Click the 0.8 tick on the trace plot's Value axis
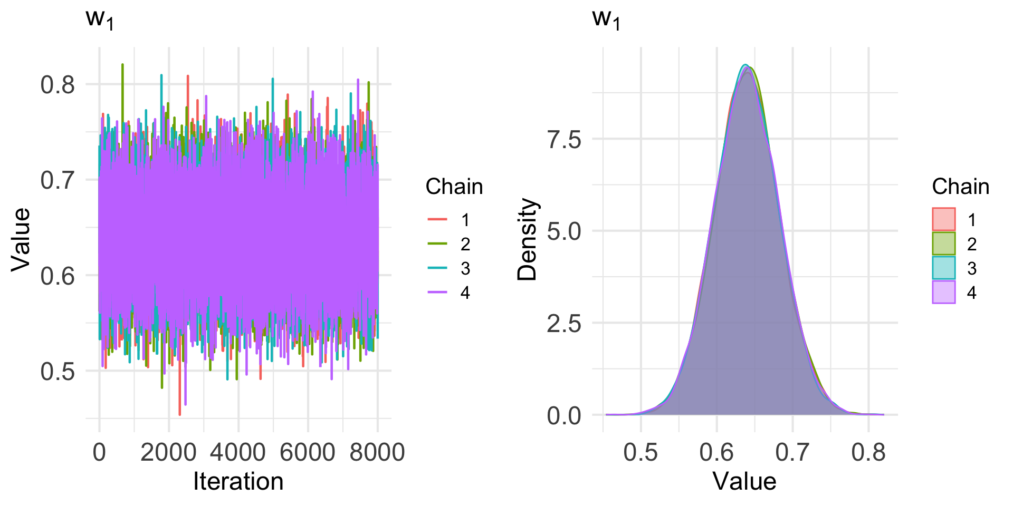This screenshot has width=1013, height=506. [x=58, y=85]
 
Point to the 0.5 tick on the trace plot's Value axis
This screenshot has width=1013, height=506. [x=58, y=372]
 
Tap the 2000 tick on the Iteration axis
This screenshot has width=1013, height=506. [x=169, y=452]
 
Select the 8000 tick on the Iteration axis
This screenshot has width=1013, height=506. [x=377, y=452]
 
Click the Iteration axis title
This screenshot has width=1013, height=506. [x=238, y=482]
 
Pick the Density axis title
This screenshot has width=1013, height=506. [x=527, y=239]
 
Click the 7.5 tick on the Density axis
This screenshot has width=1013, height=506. [x=564, y=140]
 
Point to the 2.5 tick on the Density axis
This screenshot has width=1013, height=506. [x=564, y=323]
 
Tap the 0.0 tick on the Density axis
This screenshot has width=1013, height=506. [x=564, y=416]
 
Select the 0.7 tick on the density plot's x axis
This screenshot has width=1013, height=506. [x=792, y=452]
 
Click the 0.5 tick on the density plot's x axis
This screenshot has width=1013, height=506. [x=641, y=452]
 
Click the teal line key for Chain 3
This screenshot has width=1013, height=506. [x=437, y=268]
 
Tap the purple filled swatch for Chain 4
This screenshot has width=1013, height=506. [x=943, y=293]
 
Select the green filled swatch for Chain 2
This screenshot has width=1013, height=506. [x=943, y=244]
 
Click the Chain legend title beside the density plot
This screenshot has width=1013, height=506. [x=960, y=187]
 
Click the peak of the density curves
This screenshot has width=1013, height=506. [x=746, y=65]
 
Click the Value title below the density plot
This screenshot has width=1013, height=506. [x=744, y=482]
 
